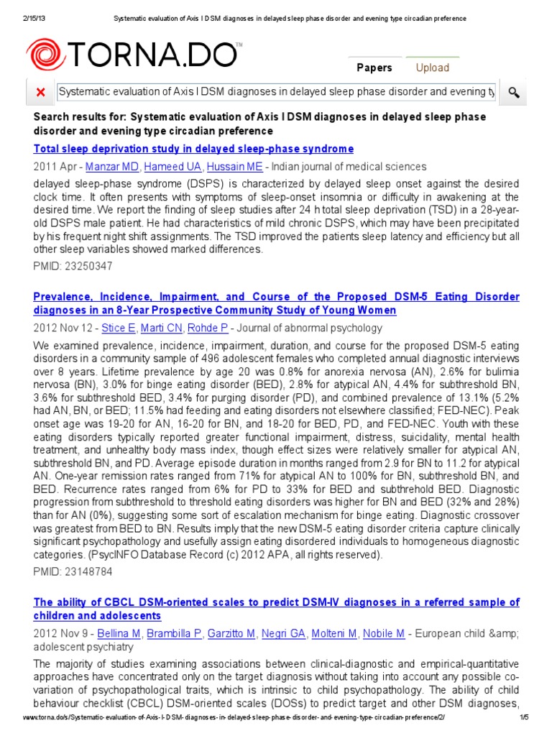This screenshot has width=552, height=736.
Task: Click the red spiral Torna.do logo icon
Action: click(x=45, y=55)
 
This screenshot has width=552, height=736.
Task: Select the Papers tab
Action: click(x=374, y=68)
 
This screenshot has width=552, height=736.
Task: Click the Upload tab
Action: click(x=432, y=68)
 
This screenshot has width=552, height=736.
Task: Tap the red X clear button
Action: click(x=40, y=92)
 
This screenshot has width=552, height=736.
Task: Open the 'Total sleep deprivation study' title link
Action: click(x=193, y=149)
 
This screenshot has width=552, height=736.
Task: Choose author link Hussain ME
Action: click(x=224, y=167)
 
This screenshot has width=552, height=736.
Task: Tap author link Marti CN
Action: click(x=165, y=328)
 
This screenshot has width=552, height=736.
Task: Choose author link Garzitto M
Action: click(x=231, y=633)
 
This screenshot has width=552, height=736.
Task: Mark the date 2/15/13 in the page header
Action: click(x=17, y=8)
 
